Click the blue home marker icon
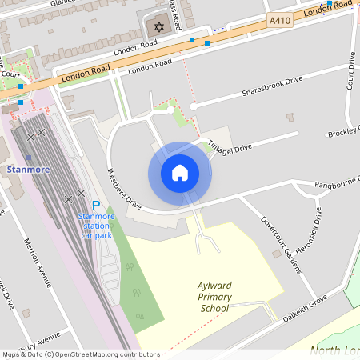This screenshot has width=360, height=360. coord(180,173)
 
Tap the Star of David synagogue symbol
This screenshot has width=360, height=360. coord(158,28)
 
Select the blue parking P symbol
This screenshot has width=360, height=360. coord(96,206)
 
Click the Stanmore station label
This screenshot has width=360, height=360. coord(27,170)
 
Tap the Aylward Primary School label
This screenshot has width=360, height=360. coord(214,297)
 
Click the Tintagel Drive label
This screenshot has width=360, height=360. coord(230,147)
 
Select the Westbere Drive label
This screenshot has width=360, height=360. coord(125,190)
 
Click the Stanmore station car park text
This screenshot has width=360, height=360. coord(96,226)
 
